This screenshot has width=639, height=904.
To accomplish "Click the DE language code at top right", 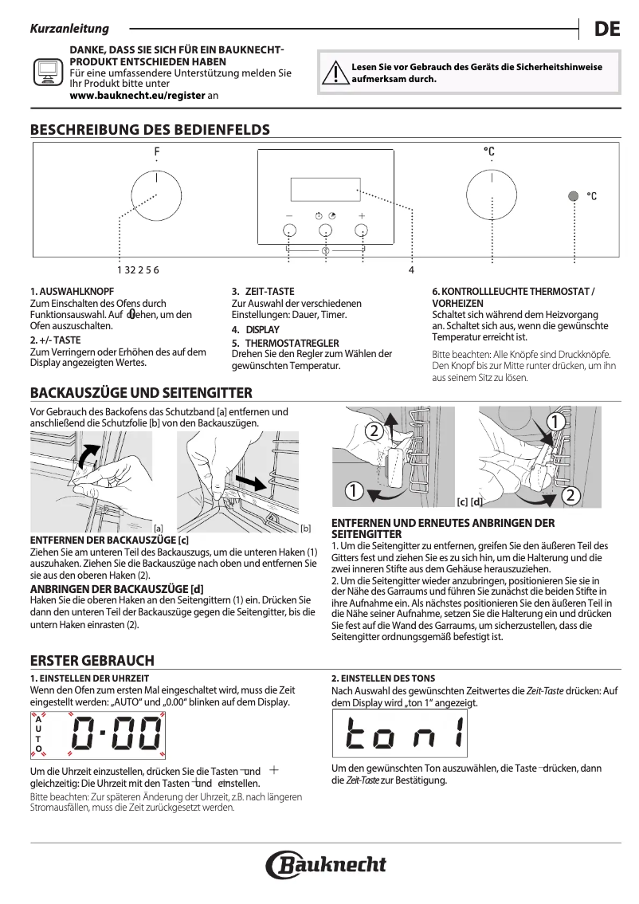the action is coord(606,29).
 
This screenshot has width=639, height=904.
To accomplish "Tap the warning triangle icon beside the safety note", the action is coord(331,74).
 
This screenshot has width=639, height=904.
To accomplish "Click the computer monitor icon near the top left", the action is coord(48,73).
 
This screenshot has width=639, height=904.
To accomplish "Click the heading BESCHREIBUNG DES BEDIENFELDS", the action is coord(149,130).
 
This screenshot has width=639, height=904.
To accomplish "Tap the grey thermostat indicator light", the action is coord(573,196).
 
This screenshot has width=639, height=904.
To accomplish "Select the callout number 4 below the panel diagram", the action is coord(411,270).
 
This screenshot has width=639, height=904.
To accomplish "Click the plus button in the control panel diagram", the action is coord(362,230).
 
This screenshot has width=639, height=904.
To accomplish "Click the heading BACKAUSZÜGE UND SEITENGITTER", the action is coord(141,392).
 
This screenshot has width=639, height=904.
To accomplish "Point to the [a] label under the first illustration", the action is coord(159,528).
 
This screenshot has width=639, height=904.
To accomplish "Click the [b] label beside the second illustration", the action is coord(305,528).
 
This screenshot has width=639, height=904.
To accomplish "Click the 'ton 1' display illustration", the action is coord(405,733).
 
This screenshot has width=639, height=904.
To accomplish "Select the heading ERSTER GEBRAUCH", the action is coord(92,661).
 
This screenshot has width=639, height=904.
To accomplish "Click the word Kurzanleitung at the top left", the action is coord(69,29).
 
